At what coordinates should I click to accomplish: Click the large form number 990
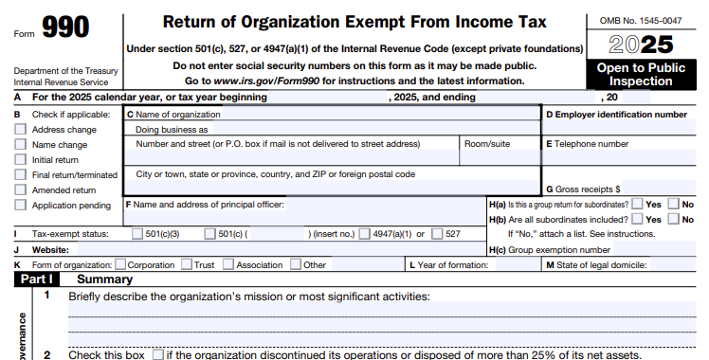[x=65, y=27]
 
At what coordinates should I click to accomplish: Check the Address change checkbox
[x=20, y=130]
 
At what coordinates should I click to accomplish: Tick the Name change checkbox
[x=20, y=145]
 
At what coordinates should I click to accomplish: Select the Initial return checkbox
[x=20, y=160]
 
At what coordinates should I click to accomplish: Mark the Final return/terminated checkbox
[x=20, y=175]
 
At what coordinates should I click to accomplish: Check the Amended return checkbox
[x=20, y=189]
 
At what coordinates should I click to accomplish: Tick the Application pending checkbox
[x=20, y=205]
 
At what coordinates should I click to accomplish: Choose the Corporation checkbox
[x=119, y=264]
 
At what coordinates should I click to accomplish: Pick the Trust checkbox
[x=186, y=264]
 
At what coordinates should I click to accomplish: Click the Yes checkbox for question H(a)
[x=637, y=204]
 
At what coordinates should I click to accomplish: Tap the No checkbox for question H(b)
[x=673, y=219]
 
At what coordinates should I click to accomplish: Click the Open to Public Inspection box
[x=640, y=75]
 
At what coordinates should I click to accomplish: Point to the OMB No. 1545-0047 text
[x=640, y=20]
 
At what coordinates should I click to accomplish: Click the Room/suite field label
[x=487, y=144]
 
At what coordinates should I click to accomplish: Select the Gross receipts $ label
[x=583, y=189]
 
